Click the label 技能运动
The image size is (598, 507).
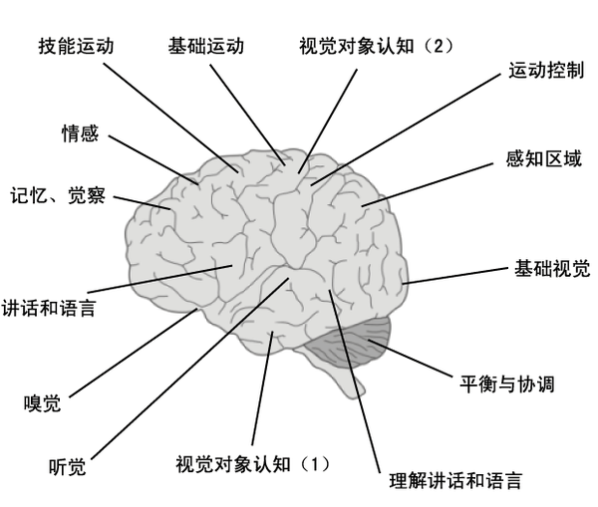coord(77,46)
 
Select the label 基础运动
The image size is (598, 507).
coord(206,46)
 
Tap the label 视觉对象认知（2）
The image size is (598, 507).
coord(376,47)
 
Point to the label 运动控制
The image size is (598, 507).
coord(546,70)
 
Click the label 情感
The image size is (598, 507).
coord(80,133)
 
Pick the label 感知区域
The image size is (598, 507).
coord(544,158)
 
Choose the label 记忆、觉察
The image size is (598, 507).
coord(58,195)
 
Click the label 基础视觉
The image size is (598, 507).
coord(552,268)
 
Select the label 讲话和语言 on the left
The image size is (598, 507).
coord(49,308)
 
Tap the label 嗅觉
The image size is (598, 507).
coord(42,403)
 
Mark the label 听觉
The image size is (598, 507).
coord(67,466)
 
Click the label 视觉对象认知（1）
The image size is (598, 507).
coord(252,464)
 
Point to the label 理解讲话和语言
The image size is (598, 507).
coord(455,480)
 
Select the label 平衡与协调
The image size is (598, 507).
coord(507,383)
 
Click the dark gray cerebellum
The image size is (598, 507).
coord(349,343)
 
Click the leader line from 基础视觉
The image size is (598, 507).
coord(455,276)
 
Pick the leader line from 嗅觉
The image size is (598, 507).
coord(134,353)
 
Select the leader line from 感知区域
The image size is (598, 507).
coord(428,185)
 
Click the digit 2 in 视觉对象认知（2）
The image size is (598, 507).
coord(439,47)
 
